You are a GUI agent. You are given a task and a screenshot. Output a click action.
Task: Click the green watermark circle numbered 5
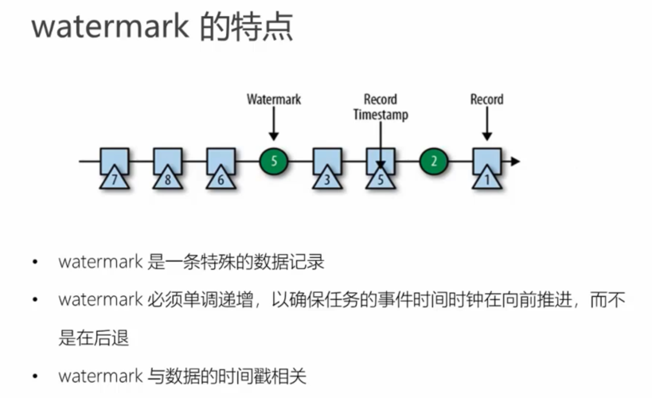(x=274, y=162)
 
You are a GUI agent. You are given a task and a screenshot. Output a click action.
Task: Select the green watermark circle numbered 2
(x=434, y=162)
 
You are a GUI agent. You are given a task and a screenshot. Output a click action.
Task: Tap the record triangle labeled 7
(x=115, y=179)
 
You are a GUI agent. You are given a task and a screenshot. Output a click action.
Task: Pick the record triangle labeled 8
(x=168, y=179)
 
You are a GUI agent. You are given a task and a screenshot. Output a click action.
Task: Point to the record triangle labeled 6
(x=221, y=179)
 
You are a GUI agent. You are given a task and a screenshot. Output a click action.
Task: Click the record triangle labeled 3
(x=327, y=179)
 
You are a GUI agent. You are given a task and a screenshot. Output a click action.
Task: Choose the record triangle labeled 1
(x=486, y=179)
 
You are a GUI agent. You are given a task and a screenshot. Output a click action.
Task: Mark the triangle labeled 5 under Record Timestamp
(x=381, y=179)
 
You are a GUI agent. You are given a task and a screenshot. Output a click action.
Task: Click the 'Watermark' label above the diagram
(x=274, y=99)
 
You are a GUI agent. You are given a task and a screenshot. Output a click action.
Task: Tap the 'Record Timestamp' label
(x=381, y=107)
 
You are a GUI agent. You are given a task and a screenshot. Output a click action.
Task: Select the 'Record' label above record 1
(x=486, y=99)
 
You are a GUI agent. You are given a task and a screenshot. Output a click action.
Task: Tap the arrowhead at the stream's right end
(x=515, y=162)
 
